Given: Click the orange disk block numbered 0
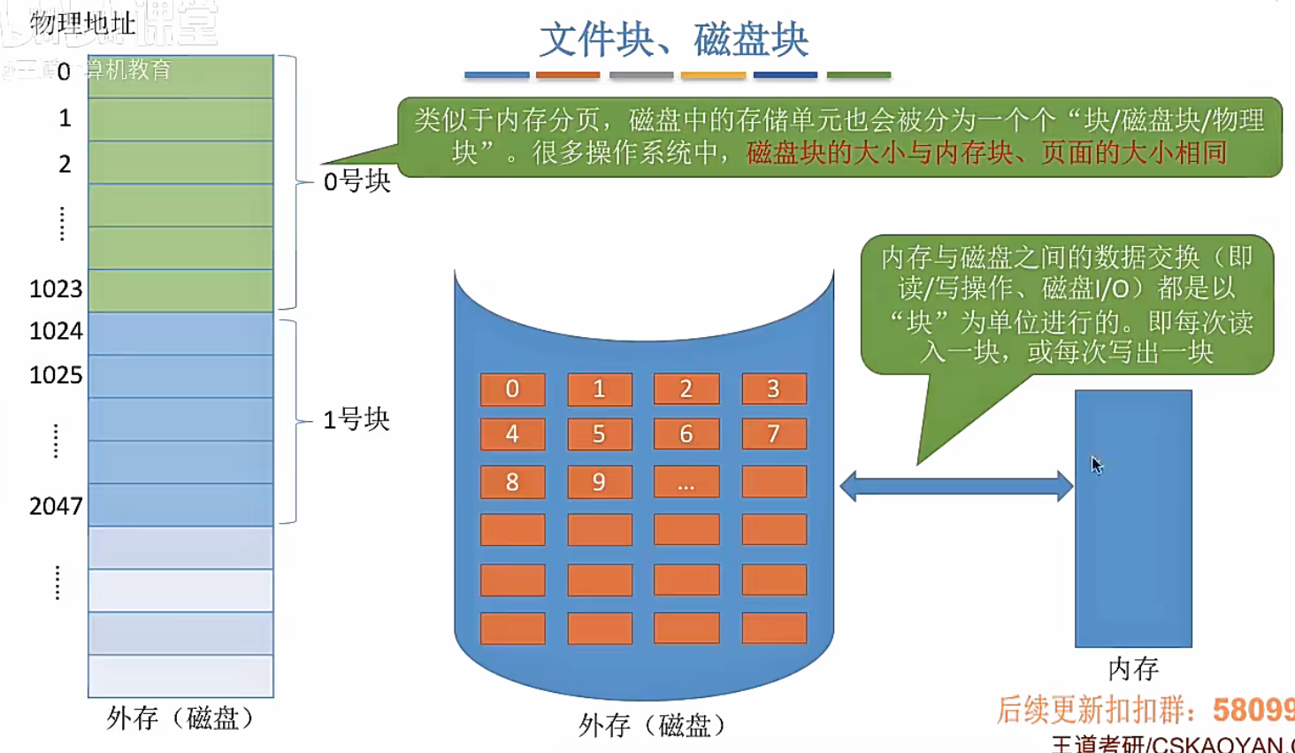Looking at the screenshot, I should pyautogui.click(x=512, y=389).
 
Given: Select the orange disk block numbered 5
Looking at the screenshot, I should pyautogui.click(x=599, y=434).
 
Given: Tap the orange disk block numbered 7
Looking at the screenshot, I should pyautogui.click(x=774, y=434).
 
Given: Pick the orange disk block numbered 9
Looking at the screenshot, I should pyautogui.click(x=599, y=482).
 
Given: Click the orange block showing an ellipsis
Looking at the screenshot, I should pyautogui.click(x=686, y=482).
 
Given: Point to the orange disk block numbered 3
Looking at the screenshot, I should pyautogui.click(x=774, y=389).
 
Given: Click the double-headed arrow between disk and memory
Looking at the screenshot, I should pyautogui.click(x=956, y=486).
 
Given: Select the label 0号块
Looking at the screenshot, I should pyautogui.click(x=356, y=181).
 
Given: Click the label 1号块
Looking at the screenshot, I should pyautogui.click(x=356, y=419).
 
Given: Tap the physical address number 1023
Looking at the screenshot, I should pyautogui.click(x=56, y=289).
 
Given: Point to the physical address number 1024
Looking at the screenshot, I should pyautogui.click(x=56, y=331).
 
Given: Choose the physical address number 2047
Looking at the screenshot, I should pyautogui.click(x=56, y=506).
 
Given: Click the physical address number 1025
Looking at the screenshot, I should pyautogui.click(x=56, y=375).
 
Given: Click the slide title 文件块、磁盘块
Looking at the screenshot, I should pyautogui.click(x=674, y=40).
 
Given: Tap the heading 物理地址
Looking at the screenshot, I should pyautogui.click(x=82, y=23).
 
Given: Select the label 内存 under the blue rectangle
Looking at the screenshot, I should pyautogui.click(x=1133, y=669).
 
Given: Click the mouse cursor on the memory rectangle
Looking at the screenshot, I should pyautogui.click(x=1097, y=465).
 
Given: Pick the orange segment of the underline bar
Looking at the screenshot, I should pyautogui.click(x=568, y=75).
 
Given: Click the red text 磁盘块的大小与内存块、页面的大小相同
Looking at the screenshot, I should pyautogui.click(x=987, y=153).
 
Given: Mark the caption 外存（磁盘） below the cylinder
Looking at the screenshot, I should pyautogui.click(x=652, y=726).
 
